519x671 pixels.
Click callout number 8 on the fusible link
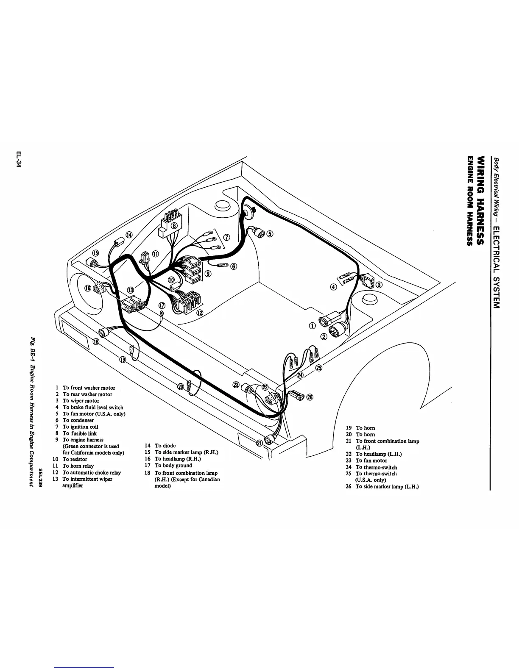point(174,225)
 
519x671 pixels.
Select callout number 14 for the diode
point(128,235)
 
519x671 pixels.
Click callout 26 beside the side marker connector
point(310,397)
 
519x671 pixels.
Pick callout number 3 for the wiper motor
point(379,284)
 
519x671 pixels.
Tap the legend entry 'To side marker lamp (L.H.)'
point(387,487)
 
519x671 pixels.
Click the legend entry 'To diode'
point(165,446)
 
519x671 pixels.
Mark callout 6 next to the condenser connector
point(234,266)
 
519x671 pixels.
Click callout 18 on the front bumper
point(96,342)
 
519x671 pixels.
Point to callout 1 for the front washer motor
point(312,325)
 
